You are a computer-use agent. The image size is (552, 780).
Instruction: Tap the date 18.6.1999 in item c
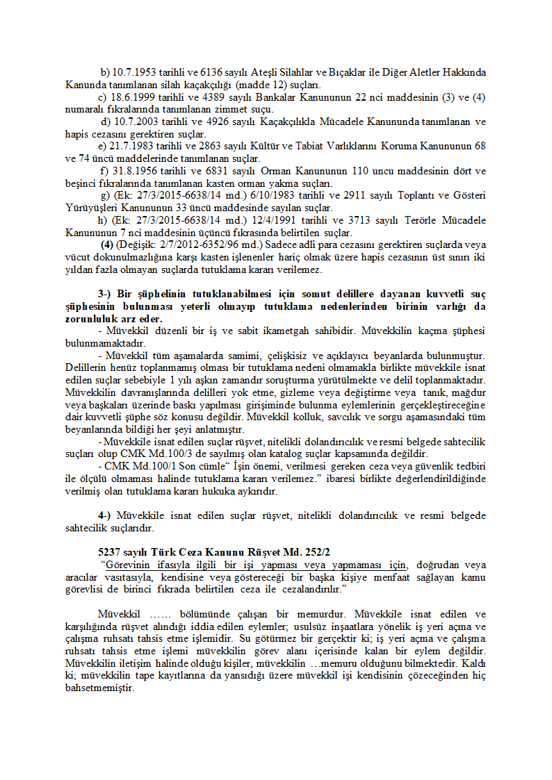click(132, 96)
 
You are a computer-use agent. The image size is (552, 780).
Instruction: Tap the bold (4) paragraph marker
click(107, 244)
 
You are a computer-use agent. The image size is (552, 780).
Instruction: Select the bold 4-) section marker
click(105, 516)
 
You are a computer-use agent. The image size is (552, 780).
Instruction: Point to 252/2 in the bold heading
click(316, 552)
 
